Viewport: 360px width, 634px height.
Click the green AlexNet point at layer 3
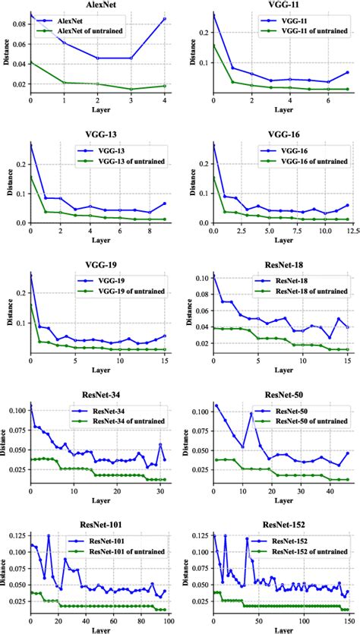click(131, 89)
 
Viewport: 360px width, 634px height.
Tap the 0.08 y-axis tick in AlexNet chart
click(17, 24)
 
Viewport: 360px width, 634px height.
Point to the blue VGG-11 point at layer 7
click(347, 73)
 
